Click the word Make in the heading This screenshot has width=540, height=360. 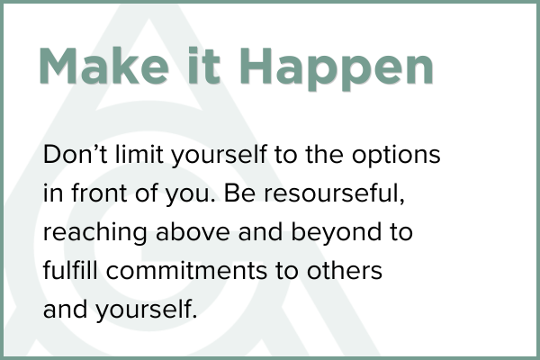click(x=104, y=66)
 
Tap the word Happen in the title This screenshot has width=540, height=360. click(x=337, y=69)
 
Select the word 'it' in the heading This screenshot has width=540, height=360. click(x=204, y=66)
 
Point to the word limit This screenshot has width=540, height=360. click(x=139, y=154)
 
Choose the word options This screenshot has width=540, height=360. click(x=396, y=156)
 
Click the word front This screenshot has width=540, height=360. click(x=99, y=193)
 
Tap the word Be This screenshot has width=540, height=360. click(x=239, y=193)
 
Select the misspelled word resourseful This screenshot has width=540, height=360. click(x=332, y=193)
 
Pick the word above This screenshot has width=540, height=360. click(x=193, y=231)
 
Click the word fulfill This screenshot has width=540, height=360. click(x=70, y=270)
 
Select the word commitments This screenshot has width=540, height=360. click(x=186, y=271)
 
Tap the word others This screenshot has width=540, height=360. click(x=345, y=270)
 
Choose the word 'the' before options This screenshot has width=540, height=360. click(x=324, y=154)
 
